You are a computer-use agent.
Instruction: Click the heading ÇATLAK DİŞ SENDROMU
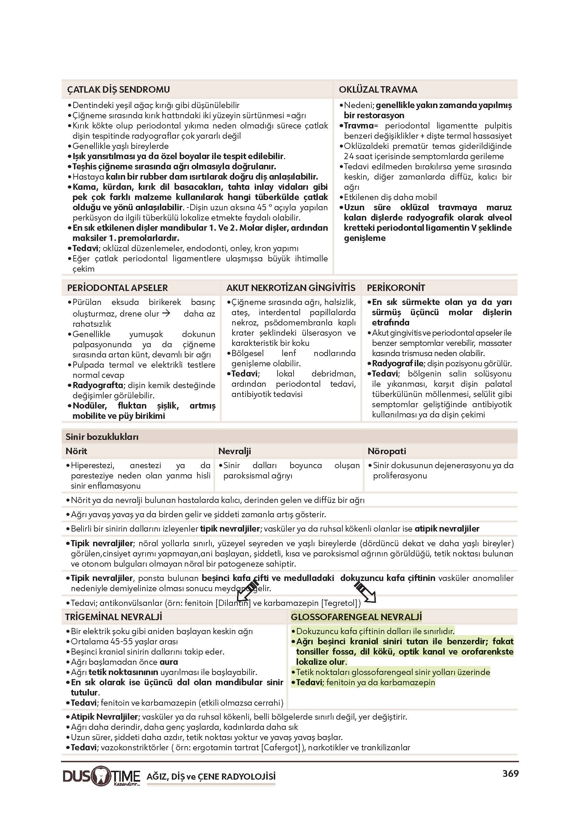(118, 90)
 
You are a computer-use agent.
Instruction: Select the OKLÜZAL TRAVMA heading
(378, 90)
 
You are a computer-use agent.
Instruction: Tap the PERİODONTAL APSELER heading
(117, 288)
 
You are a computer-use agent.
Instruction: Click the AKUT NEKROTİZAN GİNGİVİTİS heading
(291, 288)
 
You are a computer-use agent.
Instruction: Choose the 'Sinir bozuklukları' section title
(102, 437)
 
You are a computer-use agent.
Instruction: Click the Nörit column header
(76, 451)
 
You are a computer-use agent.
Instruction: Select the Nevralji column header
(234, 451)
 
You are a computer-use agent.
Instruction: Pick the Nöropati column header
(387, 451)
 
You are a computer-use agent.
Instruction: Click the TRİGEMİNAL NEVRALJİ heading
(114, 617)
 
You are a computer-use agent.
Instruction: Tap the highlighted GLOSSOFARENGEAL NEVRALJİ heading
(356, 617)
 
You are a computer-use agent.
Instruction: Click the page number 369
(510, 774)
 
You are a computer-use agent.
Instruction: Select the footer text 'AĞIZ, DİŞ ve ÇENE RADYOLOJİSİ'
(211, 777)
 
